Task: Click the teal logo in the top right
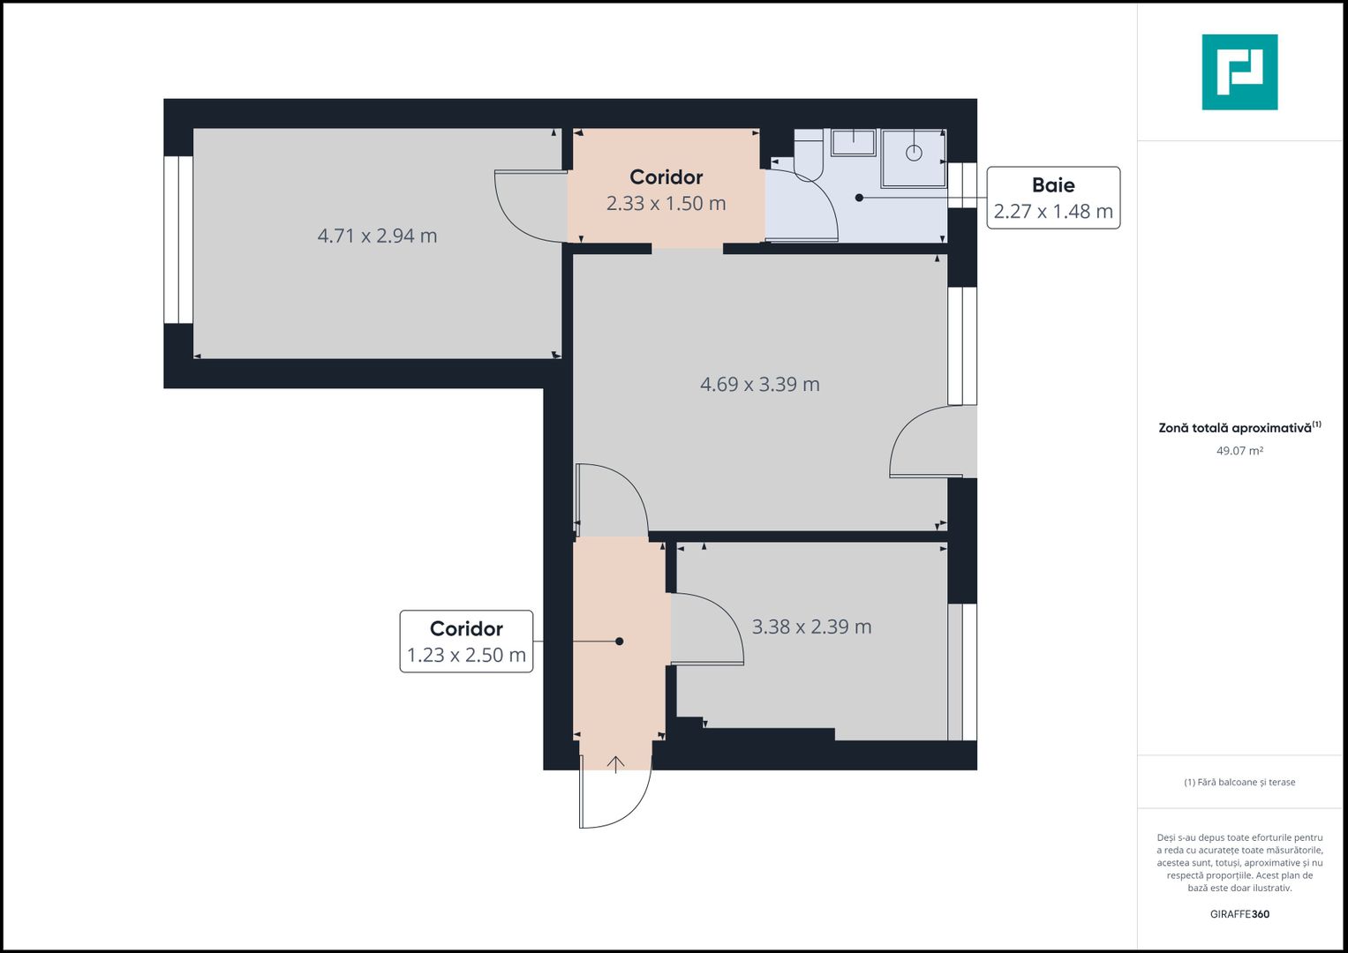pos(1239,72)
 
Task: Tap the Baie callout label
pos(1052,198)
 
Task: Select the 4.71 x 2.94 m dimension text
pos(377,236)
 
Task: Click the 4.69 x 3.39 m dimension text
pos(759,385)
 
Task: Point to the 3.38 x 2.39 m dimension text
pos(811,627)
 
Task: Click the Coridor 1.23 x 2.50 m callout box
pos(466,642)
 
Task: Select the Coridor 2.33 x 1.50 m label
pos(666,191)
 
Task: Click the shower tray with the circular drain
pos(914,158)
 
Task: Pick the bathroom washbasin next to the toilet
pos(853,142)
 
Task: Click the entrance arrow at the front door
pos(615,763)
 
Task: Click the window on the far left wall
pos(178,239)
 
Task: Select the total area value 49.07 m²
pos(1239,451)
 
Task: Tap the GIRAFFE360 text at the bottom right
pos(1239,914)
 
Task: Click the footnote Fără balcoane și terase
pos(1239,782)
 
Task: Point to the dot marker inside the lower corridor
pos(620,642)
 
